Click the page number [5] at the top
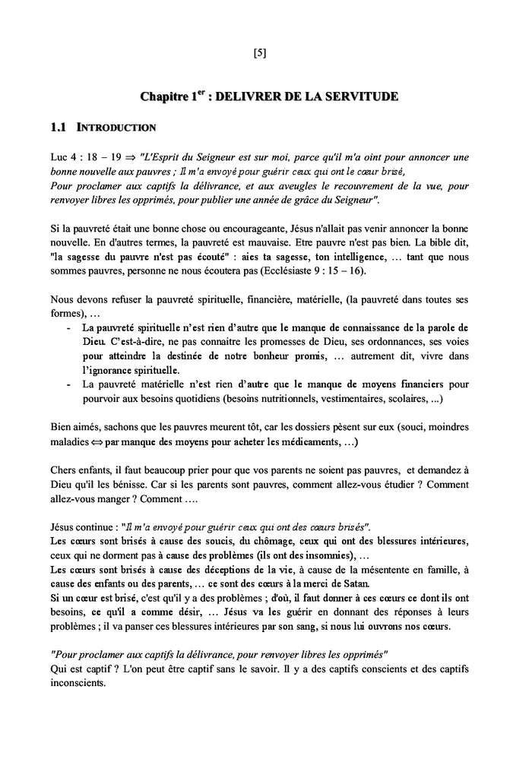point(259,53)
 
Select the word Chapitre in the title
point(163,97)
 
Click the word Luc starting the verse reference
point(59,157)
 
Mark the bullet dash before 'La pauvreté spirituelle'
point(70,328)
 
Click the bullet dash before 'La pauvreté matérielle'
point(70,385)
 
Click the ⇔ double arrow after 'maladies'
point(95,441)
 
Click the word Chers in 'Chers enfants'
point(64,470)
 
